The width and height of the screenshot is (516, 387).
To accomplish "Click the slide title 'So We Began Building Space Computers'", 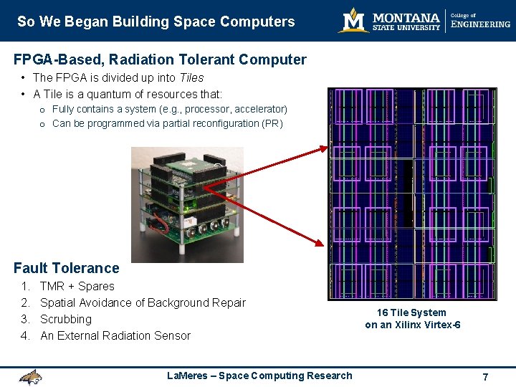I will pos(156,21).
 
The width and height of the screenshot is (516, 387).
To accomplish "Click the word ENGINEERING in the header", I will pos(480,24).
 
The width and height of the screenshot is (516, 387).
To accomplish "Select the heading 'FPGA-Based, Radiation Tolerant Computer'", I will pos(160,60).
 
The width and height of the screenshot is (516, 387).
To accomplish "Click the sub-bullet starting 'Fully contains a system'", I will pos(169,109).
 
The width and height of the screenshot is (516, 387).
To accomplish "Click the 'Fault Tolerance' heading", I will pos(67,268).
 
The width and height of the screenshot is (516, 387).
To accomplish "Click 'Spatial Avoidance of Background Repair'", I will pos(143,302).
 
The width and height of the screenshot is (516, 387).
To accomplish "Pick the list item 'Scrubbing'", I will pos(66,319).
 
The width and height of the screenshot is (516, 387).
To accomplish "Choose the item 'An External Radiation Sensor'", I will pos(115,335).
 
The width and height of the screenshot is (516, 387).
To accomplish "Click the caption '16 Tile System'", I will pos(412,312).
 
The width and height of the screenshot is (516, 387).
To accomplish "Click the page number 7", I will pos(485,377).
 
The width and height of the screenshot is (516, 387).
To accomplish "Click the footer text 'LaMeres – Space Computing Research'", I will pos(259,376).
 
